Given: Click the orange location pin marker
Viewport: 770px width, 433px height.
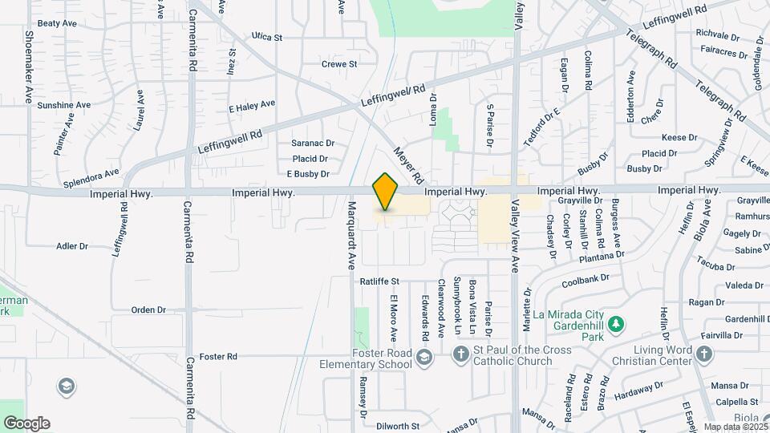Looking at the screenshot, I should [x=386, y=192].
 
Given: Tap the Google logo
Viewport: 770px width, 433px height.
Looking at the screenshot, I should [x=26, y=423].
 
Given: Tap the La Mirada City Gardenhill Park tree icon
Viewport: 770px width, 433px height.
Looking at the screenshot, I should [x=616, y=325].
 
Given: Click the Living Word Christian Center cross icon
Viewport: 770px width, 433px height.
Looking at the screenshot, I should [x=703, y=354].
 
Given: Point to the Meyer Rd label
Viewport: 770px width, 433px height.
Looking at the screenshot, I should [x=407, y=164].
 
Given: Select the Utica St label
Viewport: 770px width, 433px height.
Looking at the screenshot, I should [x=267, y=37].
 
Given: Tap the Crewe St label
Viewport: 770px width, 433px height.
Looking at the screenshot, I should [x=338, y=64].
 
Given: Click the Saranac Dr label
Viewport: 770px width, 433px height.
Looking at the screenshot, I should [x=312, y=143].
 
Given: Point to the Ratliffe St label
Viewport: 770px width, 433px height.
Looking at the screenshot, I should [x=379, y=281].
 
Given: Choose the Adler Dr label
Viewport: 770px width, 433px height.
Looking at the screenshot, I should [x=71, y=246].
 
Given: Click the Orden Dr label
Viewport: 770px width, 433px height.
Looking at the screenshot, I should [x=148, y=310].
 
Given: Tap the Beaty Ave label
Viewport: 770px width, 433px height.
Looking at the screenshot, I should [x=56, y=24].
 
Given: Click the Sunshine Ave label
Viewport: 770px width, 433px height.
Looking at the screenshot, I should [x=63, y=105].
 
